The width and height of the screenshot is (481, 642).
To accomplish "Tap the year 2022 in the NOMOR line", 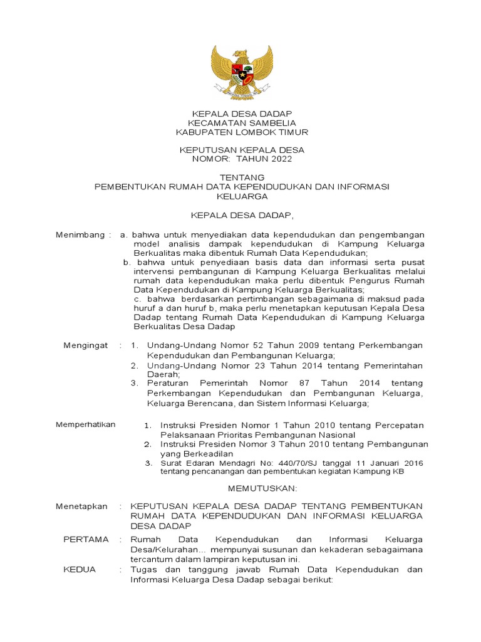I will pos(277,159).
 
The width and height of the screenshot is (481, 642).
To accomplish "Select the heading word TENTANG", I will pos(242,178).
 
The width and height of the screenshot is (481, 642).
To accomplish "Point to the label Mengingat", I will pos(86,345).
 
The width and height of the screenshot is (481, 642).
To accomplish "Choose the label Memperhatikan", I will pos(86,424).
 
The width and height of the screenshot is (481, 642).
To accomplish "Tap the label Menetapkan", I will pos(81,506).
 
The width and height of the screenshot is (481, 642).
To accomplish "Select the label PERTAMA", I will pos(86,539).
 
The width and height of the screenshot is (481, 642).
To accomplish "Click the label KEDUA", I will pos(80,570).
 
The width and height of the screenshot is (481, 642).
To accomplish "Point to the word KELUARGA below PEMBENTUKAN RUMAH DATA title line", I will pos(241,196).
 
